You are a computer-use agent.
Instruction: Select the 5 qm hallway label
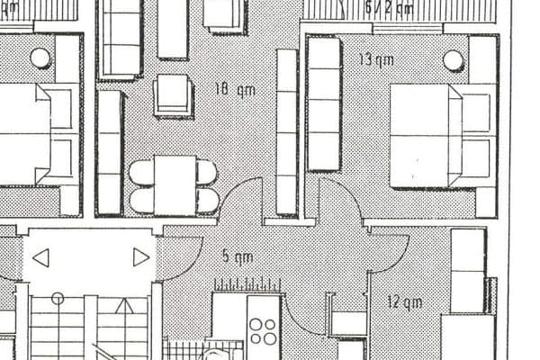(x=237, y=256)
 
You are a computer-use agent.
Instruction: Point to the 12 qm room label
(x=405, y=301)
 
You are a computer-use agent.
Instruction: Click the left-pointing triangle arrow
(x=40, y=258)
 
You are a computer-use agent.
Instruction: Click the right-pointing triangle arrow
(x=140, y=257)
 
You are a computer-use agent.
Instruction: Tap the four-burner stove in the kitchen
(x=264, y=330)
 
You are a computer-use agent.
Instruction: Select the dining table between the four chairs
(x=175, y=184)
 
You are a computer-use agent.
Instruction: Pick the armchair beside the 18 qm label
(x=174, y=94)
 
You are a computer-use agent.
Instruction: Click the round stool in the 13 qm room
(x=454, y=60)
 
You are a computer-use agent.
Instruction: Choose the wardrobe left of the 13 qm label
(x=324, y=103)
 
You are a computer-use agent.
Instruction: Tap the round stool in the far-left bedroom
(x=40, y=58)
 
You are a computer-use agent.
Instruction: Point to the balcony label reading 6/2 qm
(x=389, y=9)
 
